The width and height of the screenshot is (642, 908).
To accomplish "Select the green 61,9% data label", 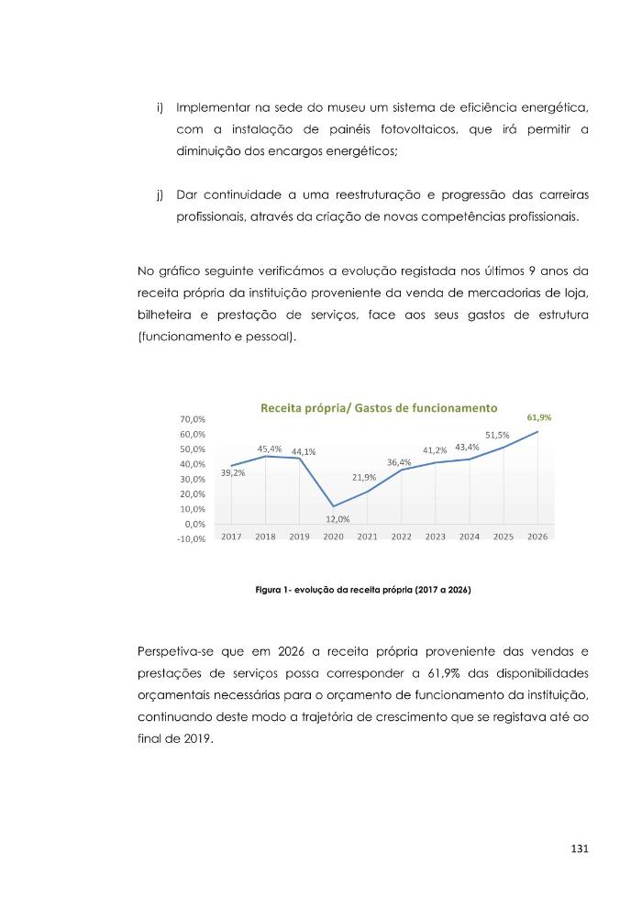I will coord(538,417).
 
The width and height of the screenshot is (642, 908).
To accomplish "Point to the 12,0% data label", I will coord(338,519).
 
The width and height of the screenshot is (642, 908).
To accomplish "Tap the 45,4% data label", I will coord(269,449).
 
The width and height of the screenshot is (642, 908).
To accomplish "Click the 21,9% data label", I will coord(364,478).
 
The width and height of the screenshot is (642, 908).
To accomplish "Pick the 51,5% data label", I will coord(497,435).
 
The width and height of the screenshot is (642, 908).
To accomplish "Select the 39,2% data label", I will coord(232,473).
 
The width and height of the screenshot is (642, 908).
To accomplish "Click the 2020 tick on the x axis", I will coord(333,537).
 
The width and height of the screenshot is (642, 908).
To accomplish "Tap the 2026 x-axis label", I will coord(537,537).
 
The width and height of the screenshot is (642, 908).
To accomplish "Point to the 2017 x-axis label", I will coord(231,537).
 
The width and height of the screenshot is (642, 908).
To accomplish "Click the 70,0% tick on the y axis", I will coord(192,419).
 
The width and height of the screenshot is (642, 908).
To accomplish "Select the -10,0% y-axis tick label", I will coord(190,538).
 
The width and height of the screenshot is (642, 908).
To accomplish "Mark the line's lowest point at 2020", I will coord(333,506).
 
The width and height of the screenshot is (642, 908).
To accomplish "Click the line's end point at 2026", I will coord(537,431).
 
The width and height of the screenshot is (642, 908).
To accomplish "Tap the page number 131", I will coord(578,848).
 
